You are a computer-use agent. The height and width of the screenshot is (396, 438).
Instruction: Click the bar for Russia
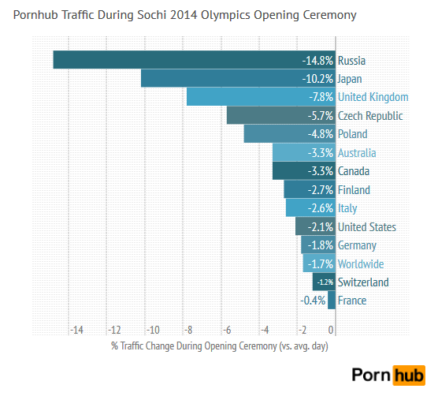173,60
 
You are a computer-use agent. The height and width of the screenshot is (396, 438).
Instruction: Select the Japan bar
221,78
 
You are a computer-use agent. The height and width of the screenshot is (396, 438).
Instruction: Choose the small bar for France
332,301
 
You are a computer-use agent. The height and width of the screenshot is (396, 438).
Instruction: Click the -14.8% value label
317,60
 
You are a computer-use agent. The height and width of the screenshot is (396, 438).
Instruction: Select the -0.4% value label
313,301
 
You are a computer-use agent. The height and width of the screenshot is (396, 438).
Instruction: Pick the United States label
366,227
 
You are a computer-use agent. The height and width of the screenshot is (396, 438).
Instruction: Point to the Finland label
354,190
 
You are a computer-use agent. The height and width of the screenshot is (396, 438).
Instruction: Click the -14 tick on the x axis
76,330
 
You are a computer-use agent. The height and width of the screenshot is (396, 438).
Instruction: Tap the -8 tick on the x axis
190,330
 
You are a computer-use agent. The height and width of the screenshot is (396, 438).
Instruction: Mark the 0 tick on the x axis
331,330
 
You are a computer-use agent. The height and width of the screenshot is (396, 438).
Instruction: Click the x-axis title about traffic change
219,346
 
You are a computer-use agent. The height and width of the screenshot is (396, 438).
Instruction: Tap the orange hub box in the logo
408,375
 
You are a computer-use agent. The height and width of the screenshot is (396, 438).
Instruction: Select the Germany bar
318,245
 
